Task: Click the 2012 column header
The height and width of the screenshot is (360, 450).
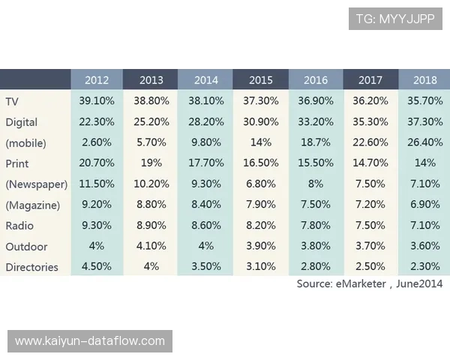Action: click(97, 80)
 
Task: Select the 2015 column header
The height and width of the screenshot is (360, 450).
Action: click(260, 80)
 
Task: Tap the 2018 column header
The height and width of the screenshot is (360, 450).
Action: click(424, 80)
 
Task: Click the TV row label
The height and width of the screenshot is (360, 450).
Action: click(12, 100)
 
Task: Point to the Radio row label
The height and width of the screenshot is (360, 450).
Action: click(19, 226)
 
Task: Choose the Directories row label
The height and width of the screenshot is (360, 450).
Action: click(31, 267)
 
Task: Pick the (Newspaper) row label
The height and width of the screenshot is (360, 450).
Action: click(37, 184)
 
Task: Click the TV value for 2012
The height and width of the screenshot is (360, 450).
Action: click(97, 100)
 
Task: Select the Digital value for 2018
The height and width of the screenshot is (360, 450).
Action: click(424, 121)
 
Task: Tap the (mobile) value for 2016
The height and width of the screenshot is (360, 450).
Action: click(316, 142)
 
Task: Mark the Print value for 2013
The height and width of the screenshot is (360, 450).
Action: click(151, 163)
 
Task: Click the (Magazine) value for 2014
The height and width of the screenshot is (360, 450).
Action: click(206, 205)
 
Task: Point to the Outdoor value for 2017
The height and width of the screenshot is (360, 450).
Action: click(370, 246)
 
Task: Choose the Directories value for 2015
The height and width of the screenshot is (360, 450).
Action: click(260, 267)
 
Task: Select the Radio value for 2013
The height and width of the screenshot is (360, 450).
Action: click(151, 226)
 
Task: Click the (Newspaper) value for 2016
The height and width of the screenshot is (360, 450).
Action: click(316, 184)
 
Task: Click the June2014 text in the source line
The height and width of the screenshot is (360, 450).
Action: click(419, 283)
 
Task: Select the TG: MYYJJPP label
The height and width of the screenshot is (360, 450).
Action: click(394, 18)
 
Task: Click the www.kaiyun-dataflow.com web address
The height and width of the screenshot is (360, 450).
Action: click(90, 341)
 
